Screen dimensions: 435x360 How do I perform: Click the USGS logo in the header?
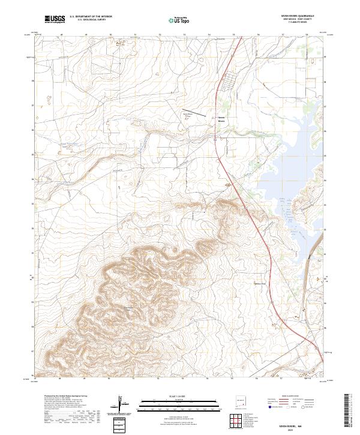(55, 20)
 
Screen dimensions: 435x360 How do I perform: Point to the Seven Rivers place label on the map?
(221, 119)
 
